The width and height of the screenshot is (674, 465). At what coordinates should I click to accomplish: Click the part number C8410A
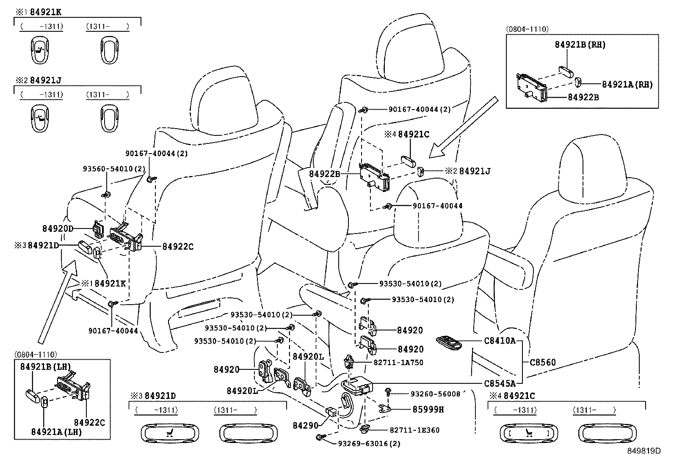point(500,340)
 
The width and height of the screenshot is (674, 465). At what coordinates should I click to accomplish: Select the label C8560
point(543,362)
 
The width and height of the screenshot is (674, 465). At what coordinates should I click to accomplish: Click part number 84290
point(305,425)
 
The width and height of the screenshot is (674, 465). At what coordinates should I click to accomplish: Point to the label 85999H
point(428,409)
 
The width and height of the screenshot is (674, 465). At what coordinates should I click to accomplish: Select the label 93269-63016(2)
point(369,443)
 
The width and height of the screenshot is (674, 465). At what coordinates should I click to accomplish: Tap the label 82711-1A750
point(398,362)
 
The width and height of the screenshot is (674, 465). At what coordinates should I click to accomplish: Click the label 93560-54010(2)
point(114,168)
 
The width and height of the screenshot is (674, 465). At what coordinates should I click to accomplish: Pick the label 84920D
point(58,228)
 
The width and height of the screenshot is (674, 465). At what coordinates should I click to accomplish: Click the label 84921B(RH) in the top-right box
point(580,45)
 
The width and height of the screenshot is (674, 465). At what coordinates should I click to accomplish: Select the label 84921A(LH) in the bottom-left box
point(56,432)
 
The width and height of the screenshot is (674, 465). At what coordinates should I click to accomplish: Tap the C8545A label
point(500,383)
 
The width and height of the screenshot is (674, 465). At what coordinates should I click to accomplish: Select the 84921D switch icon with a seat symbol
point(169,432)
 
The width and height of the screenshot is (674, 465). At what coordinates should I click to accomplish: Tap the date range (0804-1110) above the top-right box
point(527,29)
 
